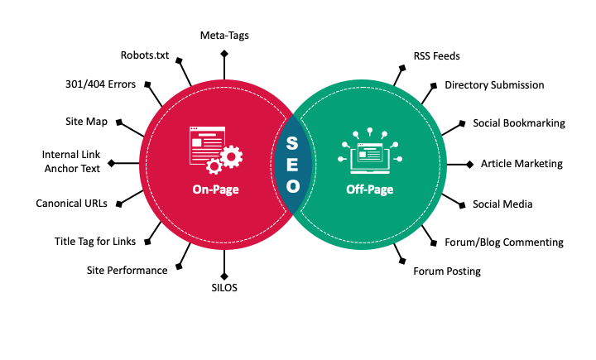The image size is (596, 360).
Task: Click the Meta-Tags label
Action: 224,36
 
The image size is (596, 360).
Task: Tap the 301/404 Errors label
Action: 100,84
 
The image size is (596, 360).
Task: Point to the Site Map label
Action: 87,122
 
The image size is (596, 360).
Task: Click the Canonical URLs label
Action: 77,204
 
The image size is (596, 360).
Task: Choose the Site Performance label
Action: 127,270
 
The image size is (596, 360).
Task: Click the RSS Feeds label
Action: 436,56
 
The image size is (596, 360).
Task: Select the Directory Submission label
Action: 494,85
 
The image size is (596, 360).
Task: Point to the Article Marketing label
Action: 521,164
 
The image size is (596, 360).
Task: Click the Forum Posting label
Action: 447,271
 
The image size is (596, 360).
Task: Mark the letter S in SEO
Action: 292,143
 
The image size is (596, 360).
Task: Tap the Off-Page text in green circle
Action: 369,190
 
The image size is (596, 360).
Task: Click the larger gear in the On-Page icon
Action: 232,156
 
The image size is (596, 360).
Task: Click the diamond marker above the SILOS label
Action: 224,276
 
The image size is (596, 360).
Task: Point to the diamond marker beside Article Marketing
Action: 470,164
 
